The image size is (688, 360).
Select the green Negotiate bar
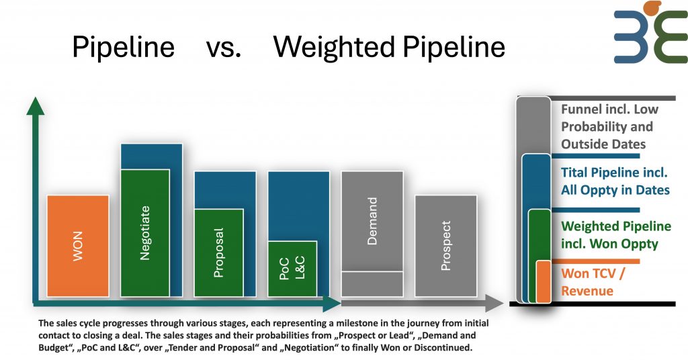[x=145, y=232]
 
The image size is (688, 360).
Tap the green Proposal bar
[x=219, y=253]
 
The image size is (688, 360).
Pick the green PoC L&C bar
[x=292, y=269]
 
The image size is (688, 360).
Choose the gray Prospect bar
[x=446, y=246]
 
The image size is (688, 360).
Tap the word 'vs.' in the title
[x=224, y=47]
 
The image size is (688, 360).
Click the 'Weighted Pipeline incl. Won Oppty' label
[x=615, y=235]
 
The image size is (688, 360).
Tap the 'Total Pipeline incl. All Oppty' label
[x=615, y=181]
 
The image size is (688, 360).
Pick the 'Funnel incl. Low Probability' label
[x=609, y=126]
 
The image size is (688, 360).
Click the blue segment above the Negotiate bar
[x=152, y=156]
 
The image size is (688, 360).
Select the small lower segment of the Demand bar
[x=372, y=283]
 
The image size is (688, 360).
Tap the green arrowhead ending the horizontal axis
[x=333, y=304]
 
